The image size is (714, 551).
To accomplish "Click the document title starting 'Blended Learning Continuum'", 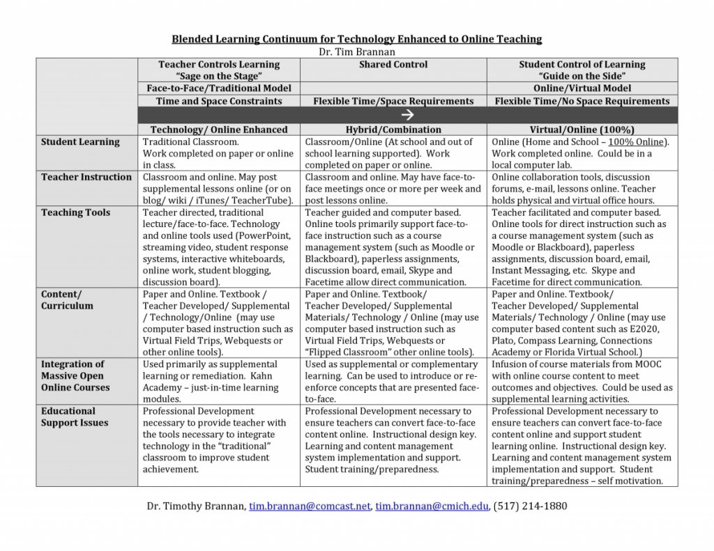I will [x=356, y=39].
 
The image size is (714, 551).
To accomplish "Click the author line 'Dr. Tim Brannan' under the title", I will [x=357, y=52].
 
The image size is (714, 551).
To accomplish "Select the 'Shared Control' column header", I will [x=393, y=65].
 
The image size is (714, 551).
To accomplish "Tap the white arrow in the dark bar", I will [x=409, y=115].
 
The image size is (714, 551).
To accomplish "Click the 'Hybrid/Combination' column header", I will [x=393, y=130].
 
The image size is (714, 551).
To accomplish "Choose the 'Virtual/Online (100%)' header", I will [x=582, y=130].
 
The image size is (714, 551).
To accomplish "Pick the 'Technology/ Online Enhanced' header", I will [x=219, y=130].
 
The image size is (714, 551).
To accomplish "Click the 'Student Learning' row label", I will [x=80, y=142].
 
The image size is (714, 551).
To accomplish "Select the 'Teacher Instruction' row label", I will [x=86, y=177].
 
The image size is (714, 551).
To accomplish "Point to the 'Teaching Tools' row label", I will [x=75, y=212].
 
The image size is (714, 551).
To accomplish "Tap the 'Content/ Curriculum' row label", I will [x=67, y=300].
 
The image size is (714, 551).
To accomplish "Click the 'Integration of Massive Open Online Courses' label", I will [x=75, y=375].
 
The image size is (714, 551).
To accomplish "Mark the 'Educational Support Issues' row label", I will [x=74, y=417].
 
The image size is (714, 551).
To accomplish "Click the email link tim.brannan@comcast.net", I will [x=310, y=506].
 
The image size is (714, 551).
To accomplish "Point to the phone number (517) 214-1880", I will [x=530, y=506].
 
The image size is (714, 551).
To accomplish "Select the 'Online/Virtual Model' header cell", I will [x=582, y=88].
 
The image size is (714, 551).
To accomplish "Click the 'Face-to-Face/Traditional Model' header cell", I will [x=219, y=88].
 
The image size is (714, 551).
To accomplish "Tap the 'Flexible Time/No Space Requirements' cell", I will [x=582, y=101].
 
